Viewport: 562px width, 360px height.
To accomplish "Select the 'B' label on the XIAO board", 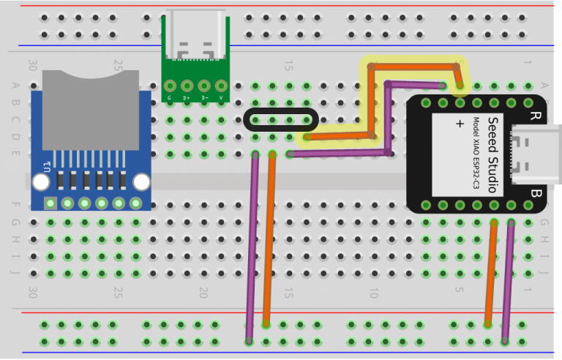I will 535,194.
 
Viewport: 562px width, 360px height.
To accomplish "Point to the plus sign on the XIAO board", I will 460,124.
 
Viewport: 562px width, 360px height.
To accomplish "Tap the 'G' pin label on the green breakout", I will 170,97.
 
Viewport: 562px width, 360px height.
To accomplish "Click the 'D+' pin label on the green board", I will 187,97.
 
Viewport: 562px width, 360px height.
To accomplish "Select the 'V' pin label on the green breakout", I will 220,97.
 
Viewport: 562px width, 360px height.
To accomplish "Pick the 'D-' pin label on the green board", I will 204,97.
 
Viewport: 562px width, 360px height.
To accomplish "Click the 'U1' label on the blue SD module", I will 48,165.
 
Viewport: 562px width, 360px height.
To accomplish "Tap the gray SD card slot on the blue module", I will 91,110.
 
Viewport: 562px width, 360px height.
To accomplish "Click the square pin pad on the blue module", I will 50,203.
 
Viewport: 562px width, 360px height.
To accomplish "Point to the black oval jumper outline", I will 281,119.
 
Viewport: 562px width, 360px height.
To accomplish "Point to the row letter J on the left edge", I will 15,273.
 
